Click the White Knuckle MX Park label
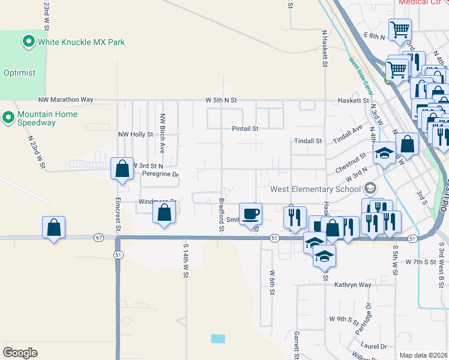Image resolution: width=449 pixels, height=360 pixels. click(81, 43)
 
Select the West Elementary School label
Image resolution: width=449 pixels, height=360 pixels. click(316, 189)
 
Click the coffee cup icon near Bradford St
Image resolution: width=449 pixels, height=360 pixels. click(252, 214)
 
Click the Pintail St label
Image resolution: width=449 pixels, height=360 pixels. click(246, 128)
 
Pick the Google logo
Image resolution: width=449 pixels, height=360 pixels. click(20, 353)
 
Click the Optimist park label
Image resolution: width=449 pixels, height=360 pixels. click(19, 73)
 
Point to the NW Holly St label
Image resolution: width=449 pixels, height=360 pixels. click(133, 134)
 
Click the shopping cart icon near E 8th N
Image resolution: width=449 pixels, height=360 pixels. click(399, 29)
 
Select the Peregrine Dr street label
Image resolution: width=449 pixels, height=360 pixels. click(160, 175)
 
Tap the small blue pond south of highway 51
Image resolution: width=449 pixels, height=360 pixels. click(218, 338)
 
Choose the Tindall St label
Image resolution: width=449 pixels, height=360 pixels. click(309, 141)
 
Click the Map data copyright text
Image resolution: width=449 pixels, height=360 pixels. click(424, 355)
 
